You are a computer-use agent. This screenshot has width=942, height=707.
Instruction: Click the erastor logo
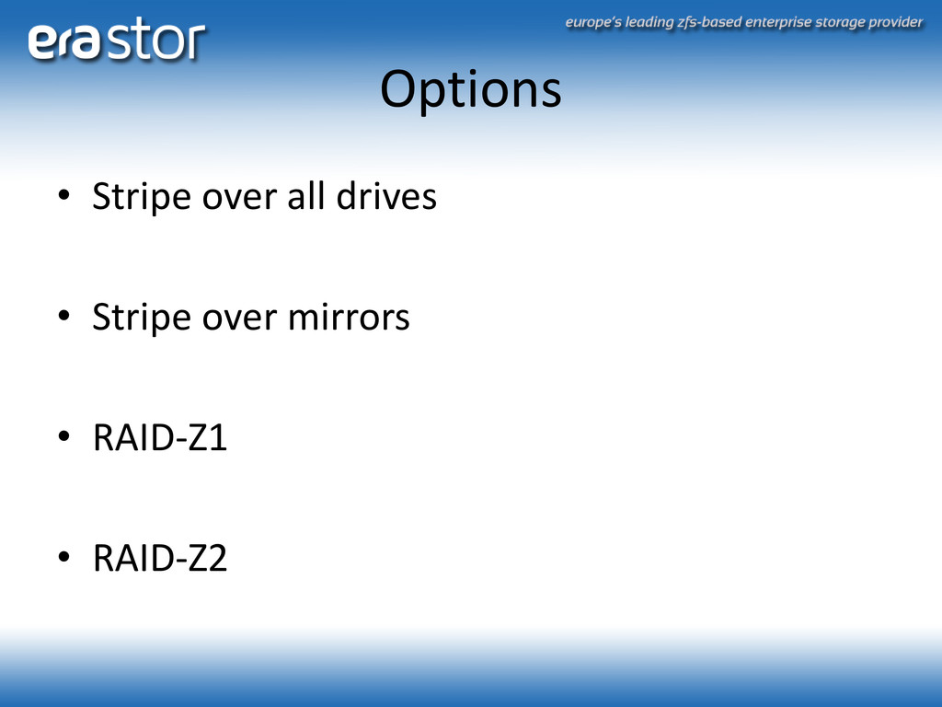tap(117, 40)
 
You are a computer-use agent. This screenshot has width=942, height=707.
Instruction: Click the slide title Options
tap(471, 90)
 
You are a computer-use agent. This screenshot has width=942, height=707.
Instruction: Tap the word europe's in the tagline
tap(593, 23)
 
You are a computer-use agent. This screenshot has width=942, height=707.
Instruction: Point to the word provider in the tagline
tap(895, 23)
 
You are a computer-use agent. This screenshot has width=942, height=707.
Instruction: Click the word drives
tap(386, 196)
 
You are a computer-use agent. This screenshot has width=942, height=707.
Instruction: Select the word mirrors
tap(349, 317)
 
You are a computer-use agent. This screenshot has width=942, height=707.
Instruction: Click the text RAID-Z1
tap(160, 437)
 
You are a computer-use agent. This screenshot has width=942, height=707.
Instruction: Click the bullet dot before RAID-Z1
tap(63, 436)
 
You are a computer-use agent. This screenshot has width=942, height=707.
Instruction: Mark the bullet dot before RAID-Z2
tap(63, 557)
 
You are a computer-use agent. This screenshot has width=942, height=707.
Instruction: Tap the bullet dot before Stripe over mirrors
tap(63, 316)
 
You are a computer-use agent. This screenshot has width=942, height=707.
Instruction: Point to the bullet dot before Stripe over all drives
tap(63, 195)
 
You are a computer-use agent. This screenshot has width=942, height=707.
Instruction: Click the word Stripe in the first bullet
tap(143, 197)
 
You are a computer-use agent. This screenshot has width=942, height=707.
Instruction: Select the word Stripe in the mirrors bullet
tap(143, 318)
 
